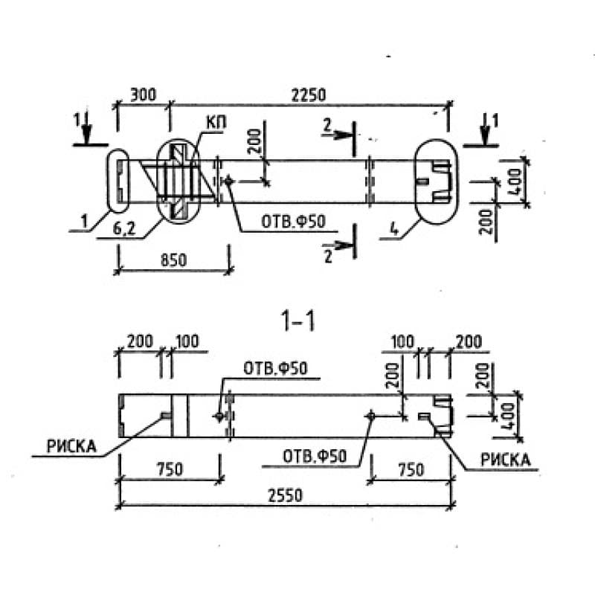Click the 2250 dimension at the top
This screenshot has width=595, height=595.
pos(306,95)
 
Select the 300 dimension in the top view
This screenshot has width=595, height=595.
pos(142,95)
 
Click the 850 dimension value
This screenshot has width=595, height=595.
pos(172,260)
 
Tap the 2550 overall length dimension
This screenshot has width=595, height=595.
pos(283,496)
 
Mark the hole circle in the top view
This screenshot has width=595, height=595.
pos(228,180)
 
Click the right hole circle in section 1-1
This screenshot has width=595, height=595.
pos(370,415)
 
